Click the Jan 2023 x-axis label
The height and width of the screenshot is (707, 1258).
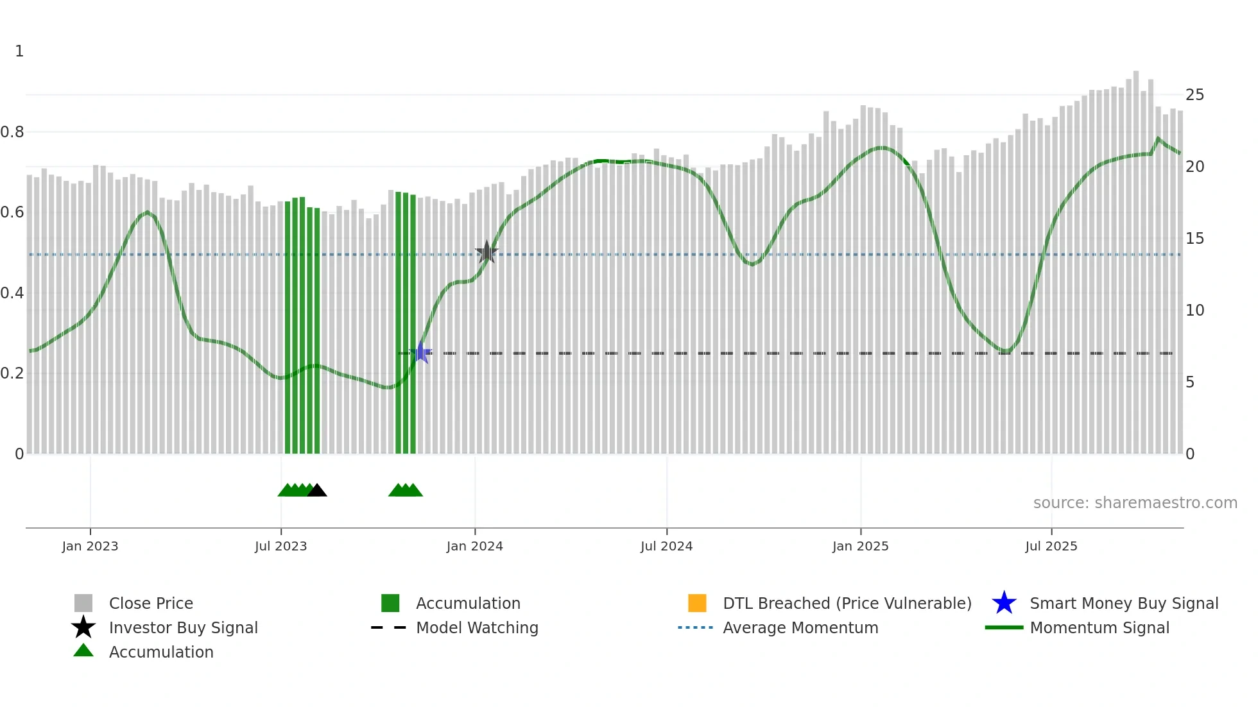click(x=90, y=546)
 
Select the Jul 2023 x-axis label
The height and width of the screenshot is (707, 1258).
click(x=280, y=546)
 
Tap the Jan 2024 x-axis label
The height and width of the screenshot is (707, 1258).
click(x=474, y=546)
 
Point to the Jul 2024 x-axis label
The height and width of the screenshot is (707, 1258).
click(x=666, y=546)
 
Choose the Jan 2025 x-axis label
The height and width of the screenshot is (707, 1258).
click(x=860, y=546)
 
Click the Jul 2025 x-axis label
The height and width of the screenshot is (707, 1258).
click(x=1051, y=546)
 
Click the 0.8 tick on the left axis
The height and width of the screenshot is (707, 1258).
click(x=12, y=132)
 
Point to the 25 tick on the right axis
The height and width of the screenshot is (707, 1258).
click(x=1194, y=95)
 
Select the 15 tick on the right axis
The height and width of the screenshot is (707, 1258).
click(x=1194, y=239)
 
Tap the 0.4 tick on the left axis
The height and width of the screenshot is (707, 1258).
click(x=12, y=293)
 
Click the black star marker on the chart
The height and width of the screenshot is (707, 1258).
click(x=487, y=252)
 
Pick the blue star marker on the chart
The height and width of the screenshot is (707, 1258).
click(x=420, y=352)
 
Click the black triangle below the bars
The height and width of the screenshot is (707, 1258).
click(x=317, y=491)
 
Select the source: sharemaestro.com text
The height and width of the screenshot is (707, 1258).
click(x=1135, y=503)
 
